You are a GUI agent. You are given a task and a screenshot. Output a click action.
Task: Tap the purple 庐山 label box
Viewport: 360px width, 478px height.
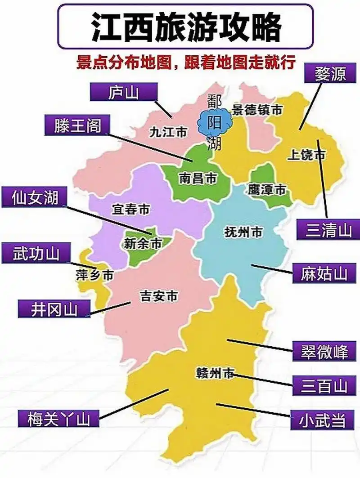124,93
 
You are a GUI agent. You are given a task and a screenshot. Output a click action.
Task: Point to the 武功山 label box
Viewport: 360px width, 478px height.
36,254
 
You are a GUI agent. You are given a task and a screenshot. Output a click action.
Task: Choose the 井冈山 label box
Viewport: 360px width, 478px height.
54,309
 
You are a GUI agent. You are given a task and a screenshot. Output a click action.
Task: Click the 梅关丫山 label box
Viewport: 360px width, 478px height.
58,419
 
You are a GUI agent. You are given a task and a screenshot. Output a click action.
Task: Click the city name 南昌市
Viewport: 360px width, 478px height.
197,179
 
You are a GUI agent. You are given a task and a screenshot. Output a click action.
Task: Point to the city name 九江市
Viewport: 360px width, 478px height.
168,132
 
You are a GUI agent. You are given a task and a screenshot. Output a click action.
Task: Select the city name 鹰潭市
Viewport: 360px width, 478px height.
267,190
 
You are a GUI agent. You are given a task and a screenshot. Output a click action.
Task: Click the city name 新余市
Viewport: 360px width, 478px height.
143,244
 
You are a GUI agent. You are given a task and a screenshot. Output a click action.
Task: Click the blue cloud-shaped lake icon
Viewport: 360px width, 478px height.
215,123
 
